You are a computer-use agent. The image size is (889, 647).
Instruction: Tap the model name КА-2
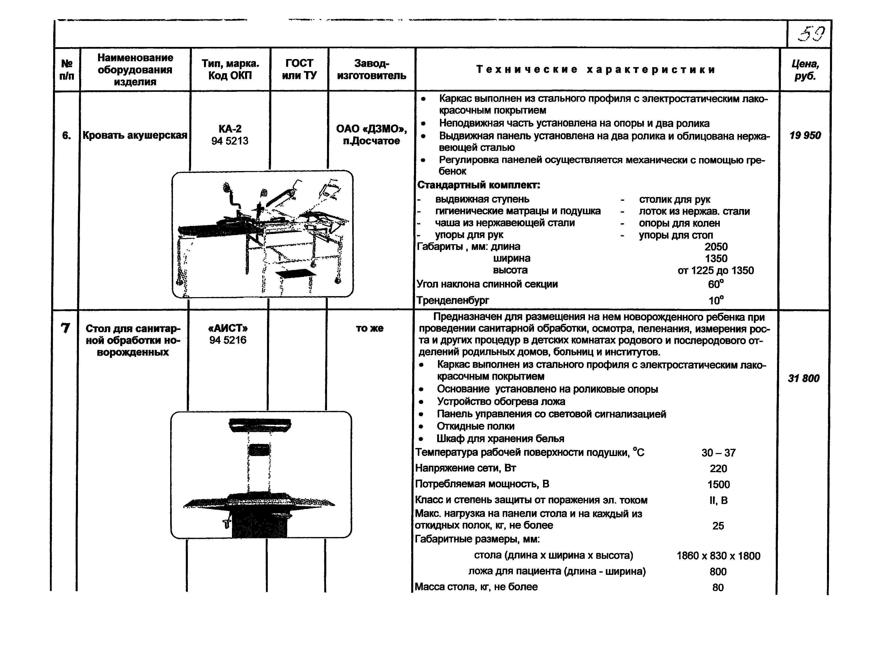(x=230, y=129)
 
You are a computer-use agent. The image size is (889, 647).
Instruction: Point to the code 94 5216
(x=228, y=340)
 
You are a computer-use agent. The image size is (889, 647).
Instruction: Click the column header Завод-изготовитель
(x=371, y=69)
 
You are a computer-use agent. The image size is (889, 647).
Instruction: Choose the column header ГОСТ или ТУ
(x=299, y=69)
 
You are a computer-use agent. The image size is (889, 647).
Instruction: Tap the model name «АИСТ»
(x=228, y=328)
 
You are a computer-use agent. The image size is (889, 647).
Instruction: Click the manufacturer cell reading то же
(x=370, y=328)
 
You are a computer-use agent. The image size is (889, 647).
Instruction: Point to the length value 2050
(x=716, y=247)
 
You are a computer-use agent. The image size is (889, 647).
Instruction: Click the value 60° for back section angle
(x=716, y=284)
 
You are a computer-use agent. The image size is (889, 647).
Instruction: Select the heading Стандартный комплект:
(x=479, y=185)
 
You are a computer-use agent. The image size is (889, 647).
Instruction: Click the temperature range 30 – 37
(x=719, y=453)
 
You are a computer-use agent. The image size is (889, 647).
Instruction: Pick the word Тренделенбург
(x=453, y=300)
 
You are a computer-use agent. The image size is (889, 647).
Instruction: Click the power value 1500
(x=719, y=484)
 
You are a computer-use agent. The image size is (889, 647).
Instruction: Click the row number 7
(x=66, y=328)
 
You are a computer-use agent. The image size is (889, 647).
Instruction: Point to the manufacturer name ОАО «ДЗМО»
(x=371, y=129)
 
